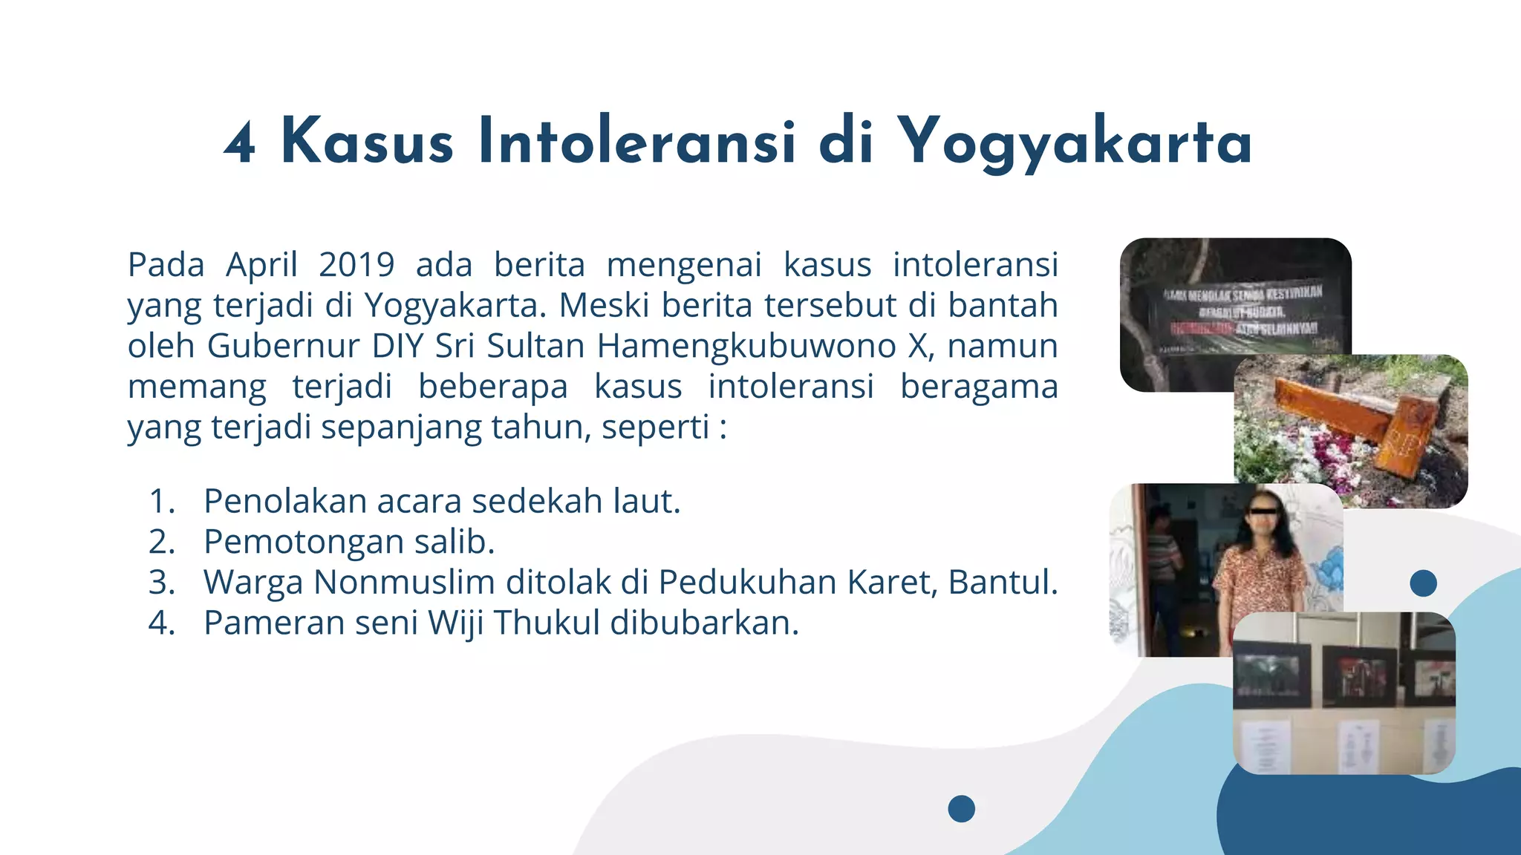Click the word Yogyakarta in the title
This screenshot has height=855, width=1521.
point(1075,142)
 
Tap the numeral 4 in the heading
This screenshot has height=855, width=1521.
point(240,142)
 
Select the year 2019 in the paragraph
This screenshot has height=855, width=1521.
point(356,265)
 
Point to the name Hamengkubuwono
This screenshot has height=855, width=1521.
point(746,346)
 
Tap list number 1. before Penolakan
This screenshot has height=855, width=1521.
point(162,502)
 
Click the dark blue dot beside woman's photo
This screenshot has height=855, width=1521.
point(1423,583)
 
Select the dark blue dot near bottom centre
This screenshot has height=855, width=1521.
point(961,808)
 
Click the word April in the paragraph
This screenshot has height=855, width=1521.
point(261,265)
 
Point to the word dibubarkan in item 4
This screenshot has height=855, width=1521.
point(703,623)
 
